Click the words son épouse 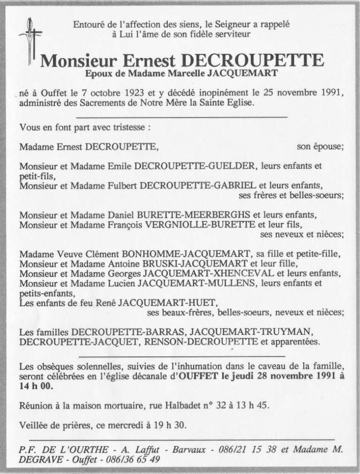pyautogui.click(x=320, y=147)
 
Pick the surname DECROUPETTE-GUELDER pyautogui.click(x=196, y=166)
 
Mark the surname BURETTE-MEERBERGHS pyautogui.click(x=193, y=215)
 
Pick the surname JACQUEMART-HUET pyautogui.click(x=170, y=304)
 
